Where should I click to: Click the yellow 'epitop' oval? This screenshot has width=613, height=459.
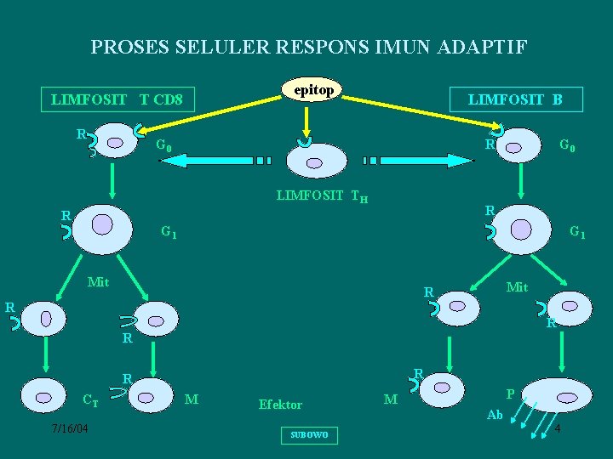(x=312, y=89)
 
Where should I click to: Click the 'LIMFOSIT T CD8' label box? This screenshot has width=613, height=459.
(x=117, y=100)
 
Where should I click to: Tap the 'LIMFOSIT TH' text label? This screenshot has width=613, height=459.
(x=322, y=197)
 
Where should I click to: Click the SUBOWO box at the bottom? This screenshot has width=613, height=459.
(x=308, y=435)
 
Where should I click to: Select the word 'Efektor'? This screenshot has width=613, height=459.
(x=280, y=405)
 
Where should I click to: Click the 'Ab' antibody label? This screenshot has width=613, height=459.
(x=495, y=416)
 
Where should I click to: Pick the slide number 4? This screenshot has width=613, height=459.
(x=557, y=428)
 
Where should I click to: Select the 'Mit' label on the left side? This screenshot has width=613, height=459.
(x=99, y=281)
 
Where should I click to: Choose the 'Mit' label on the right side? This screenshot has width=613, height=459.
(x=517, y=287)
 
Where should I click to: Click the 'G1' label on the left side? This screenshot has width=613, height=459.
(x=169, y=231)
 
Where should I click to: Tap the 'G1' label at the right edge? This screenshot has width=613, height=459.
(x=576, y=230)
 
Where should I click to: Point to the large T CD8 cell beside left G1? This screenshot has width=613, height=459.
(x=103, y=226)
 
